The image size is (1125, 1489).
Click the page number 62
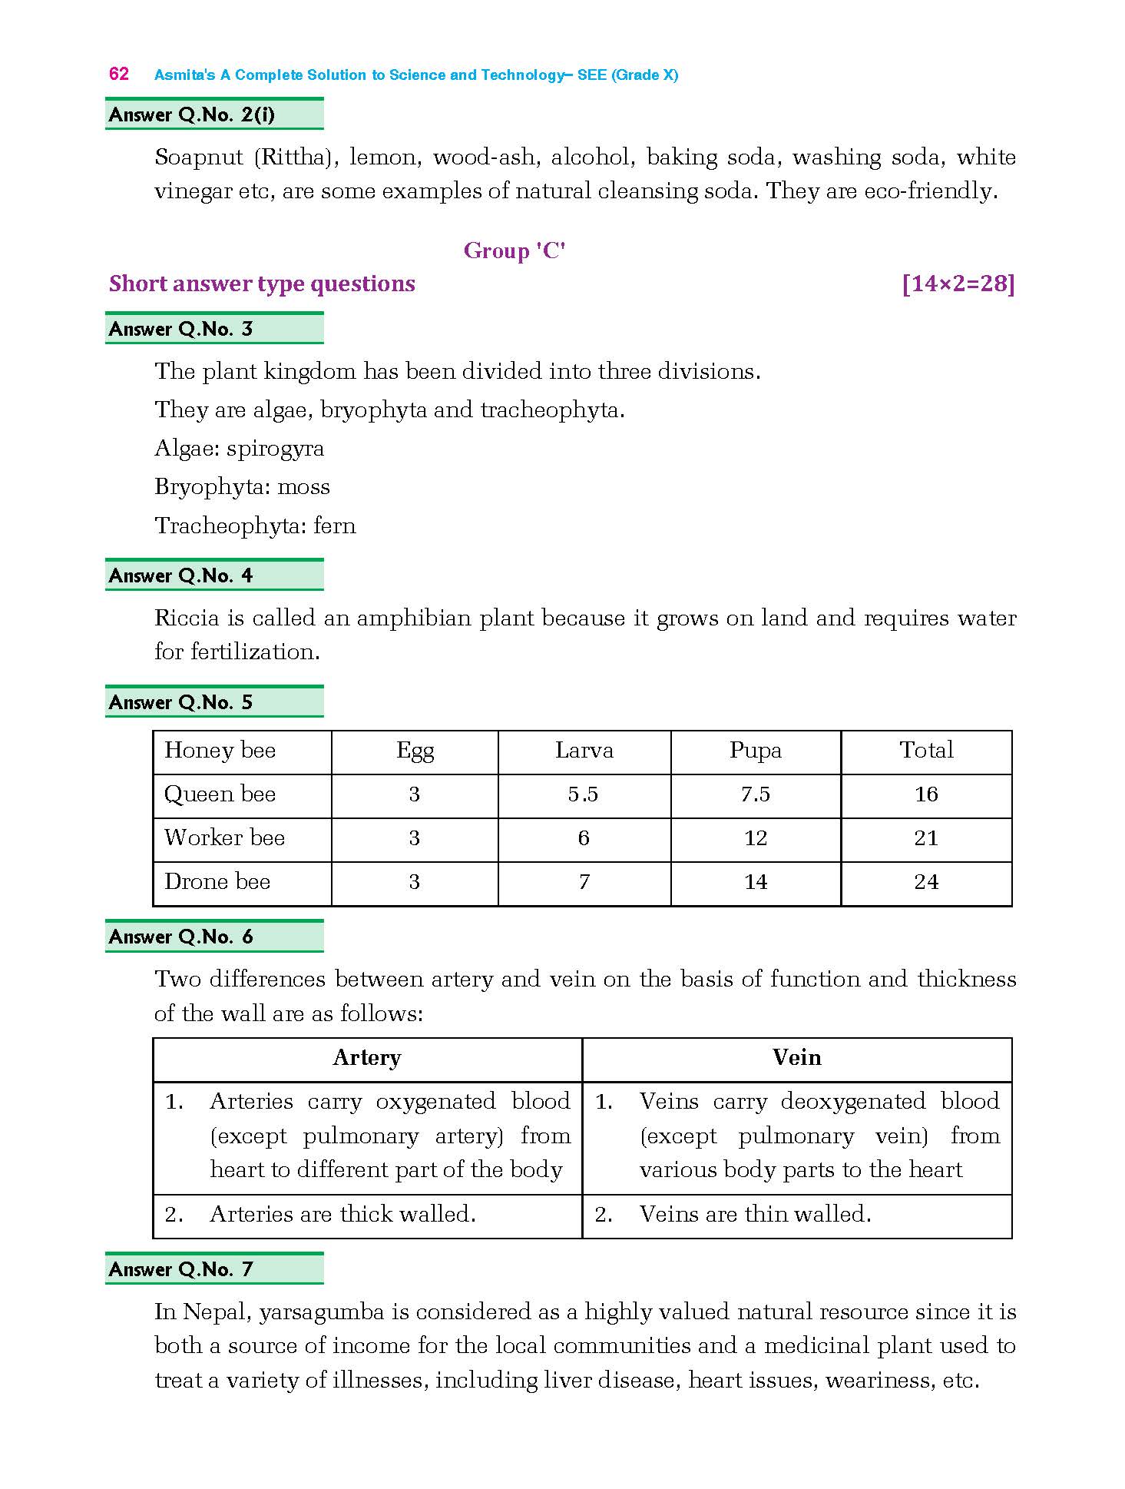point(119,74)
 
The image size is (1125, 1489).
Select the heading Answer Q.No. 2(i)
point(192,114)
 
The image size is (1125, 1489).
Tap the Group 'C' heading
point(515,250)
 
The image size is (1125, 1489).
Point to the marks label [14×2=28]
point(958,284)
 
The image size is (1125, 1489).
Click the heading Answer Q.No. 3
point(181,329)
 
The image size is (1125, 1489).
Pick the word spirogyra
point(276,448)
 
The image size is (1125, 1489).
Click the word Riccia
point(185,618)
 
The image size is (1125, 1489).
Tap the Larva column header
point(584,750)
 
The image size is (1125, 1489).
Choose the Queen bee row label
point(220,794)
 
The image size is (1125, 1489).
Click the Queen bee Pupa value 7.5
point(756,794)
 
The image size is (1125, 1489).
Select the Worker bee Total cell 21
point(926,837)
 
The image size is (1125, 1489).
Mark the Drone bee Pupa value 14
point(756,881)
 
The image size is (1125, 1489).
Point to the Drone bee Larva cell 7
point(584,881)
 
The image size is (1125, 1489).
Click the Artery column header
point(367,1057)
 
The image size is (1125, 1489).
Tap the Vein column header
point(797,1057)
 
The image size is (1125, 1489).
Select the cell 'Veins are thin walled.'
point(756,1214)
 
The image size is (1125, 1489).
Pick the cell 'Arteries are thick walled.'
point(342,1214)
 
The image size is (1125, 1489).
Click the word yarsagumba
point(322,1312)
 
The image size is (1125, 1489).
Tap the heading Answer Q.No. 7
point(181,1269)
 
